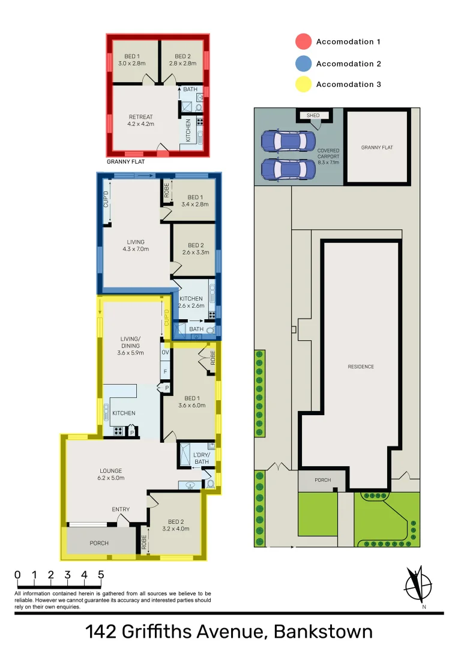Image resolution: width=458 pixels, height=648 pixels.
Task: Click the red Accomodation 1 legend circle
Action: [304, 41]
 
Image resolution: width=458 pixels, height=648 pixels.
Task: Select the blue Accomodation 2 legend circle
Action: [304, 63]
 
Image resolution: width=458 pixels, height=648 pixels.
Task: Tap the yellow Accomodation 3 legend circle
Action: [304, 84]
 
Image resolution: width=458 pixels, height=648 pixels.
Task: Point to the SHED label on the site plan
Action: [313, 115]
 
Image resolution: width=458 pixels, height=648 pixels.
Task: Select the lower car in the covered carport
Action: [288, 169]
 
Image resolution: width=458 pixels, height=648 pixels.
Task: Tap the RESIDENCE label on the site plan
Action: [361, 367]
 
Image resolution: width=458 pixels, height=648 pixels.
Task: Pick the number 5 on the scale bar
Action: [100, 574]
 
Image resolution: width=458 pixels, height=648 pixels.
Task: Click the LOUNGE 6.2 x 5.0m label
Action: [112, 474]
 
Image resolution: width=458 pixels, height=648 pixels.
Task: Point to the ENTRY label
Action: [121, 509]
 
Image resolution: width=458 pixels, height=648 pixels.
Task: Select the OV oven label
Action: [165, 353]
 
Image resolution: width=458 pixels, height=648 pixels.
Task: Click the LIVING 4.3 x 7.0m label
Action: [135, 245]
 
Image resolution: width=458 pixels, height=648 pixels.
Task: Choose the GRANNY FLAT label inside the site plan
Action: [377, 147]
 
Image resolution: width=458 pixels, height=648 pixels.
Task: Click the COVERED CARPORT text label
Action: [328, 156]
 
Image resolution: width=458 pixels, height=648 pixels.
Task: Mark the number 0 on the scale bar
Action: [17, 574]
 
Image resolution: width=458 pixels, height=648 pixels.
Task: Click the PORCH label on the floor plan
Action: [99, 543]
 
